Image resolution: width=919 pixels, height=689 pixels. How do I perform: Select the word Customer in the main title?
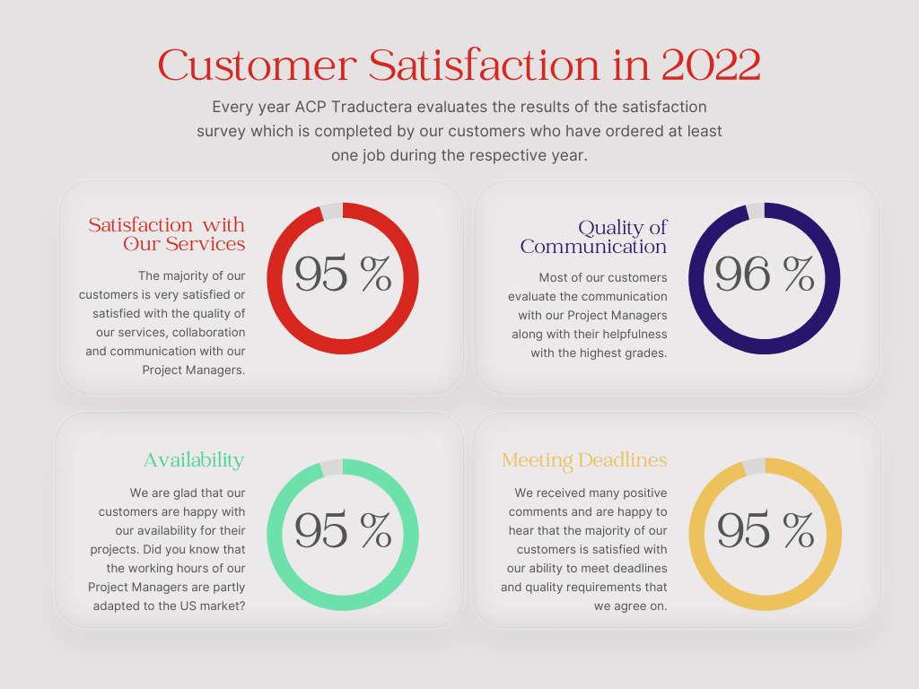point(257,65)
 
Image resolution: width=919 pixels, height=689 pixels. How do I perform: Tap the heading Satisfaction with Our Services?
point(167,234)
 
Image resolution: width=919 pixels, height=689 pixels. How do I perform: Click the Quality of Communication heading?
point(594,237)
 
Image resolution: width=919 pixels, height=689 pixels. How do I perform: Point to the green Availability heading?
point(194,460)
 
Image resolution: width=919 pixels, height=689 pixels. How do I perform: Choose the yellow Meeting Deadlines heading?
point(584,460)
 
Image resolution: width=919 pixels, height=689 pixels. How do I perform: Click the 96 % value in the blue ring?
point(764,275)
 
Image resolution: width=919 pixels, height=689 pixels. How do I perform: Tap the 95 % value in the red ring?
point(343,275)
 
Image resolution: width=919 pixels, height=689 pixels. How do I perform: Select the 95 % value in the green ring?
point(343,531)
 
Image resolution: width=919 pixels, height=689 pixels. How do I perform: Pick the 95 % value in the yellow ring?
point(765,531)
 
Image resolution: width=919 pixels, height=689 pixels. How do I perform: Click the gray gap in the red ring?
point(331,211)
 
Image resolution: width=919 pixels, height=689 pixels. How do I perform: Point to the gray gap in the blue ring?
point(755,211)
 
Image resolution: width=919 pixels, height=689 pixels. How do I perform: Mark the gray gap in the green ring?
point(331,467)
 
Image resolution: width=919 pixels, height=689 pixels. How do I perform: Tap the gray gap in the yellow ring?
point(754,467)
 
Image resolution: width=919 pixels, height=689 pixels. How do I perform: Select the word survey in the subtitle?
point(221,131)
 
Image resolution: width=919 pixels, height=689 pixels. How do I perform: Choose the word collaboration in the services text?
point(209,332)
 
